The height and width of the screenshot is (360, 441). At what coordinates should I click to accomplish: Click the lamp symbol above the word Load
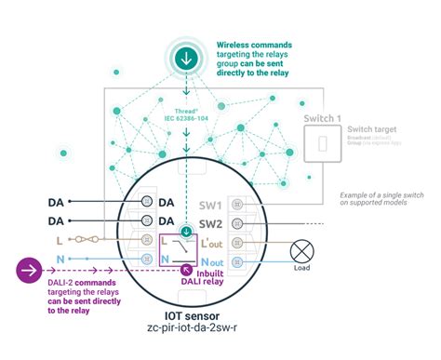301,252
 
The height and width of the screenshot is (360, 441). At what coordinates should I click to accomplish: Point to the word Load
301,273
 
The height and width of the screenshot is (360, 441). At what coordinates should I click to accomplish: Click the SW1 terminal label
211,205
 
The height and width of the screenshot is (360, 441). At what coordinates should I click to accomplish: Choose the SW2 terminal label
211,224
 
